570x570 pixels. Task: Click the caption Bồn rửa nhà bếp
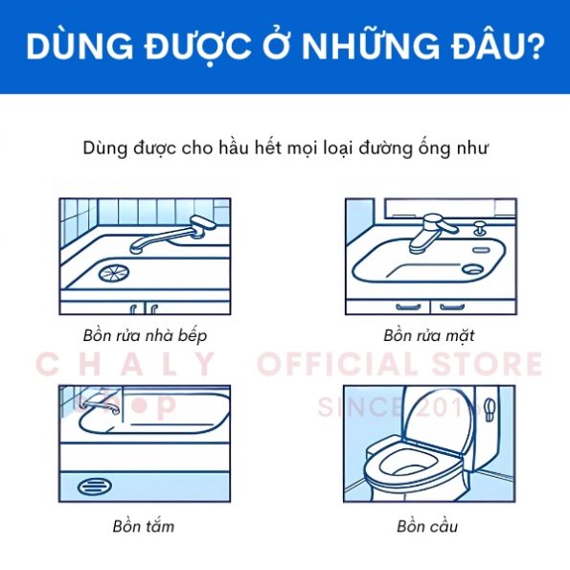point(145,335)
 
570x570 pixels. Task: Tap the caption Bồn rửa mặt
point(429,335)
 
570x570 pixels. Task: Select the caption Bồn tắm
point(144,526)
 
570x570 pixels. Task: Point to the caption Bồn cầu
point(427,526)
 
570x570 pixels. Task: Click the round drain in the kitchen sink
point(114,273)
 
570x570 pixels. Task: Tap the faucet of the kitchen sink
point(171,234)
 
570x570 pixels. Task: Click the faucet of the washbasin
point(432,233)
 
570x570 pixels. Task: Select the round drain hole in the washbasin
point(472,268)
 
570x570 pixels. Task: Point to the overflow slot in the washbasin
point(482,250)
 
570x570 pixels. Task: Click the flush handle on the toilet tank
point(490,409)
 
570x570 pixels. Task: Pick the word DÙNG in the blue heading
point(80,46)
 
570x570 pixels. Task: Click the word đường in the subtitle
point(385,148)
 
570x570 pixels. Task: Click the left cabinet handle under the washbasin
point(408,308)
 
